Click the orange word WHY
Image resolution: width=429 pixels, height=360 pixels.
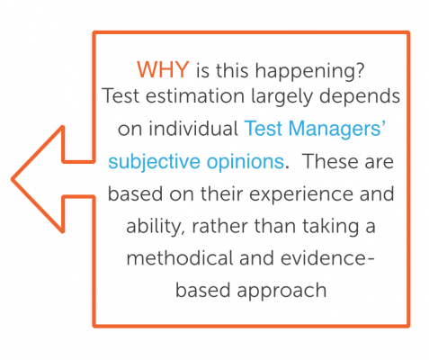coord(163,69)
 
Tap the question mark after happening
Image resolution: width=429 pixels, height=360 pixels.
coord(360,69)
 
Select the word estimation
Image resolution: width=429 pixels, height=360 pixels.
coord(195,96)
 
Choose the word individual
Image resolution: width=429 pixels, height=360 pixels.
coord(193,129)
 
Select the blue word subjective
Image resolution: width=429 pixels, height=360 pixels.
coord(154,163)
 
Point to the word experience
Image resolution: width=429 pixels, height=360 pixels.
coord(302,195)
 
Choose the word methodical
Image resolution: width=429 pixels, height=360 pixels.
coord(180,258)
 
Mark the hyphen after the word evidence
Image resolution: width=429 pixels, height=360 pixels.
coord(370,260)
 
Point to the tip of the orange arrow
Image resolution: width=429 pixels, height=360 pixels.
coord(12,179)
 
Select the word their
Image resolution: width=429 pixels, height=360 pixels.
coord(221,193)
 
